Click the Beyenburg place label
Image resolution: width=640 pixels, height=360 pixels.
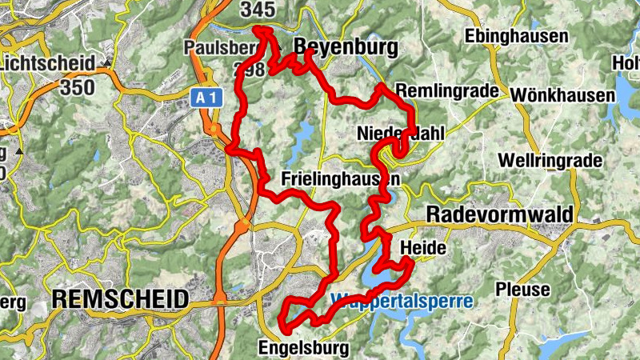pyautogui.click(x=346, y=48)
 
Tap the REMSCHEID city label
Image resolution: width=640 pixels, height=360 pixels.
pyautogui.click(x=120, y=300)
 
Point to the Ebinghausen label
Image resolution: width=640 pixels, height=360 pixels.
pyautogui.click(x=517, y=36)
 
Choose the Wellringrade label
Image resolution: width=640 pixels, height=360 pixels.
pyautogui.click(x=550, y=161)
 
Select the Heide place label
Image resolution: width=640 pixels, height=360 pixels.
pyautogui.click(x=422, y=248)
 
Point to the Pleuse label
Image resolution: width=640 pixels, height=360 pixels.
pyautogui.click(x=523, y=290)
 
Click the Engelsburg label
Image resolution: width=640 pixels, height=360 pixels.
pyautogui.click(x=303, y=348)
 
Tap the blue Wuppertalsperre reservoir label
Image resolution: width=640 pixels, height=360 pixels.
pyautogui.click(x=402, y=302)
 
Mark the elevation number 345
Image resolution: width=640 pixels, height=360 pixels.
pyautogui.click(x=257, y=10)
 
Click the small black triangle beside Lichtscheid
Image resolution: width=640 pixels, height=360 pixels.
pyautogui.click(x=106, y=62)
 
